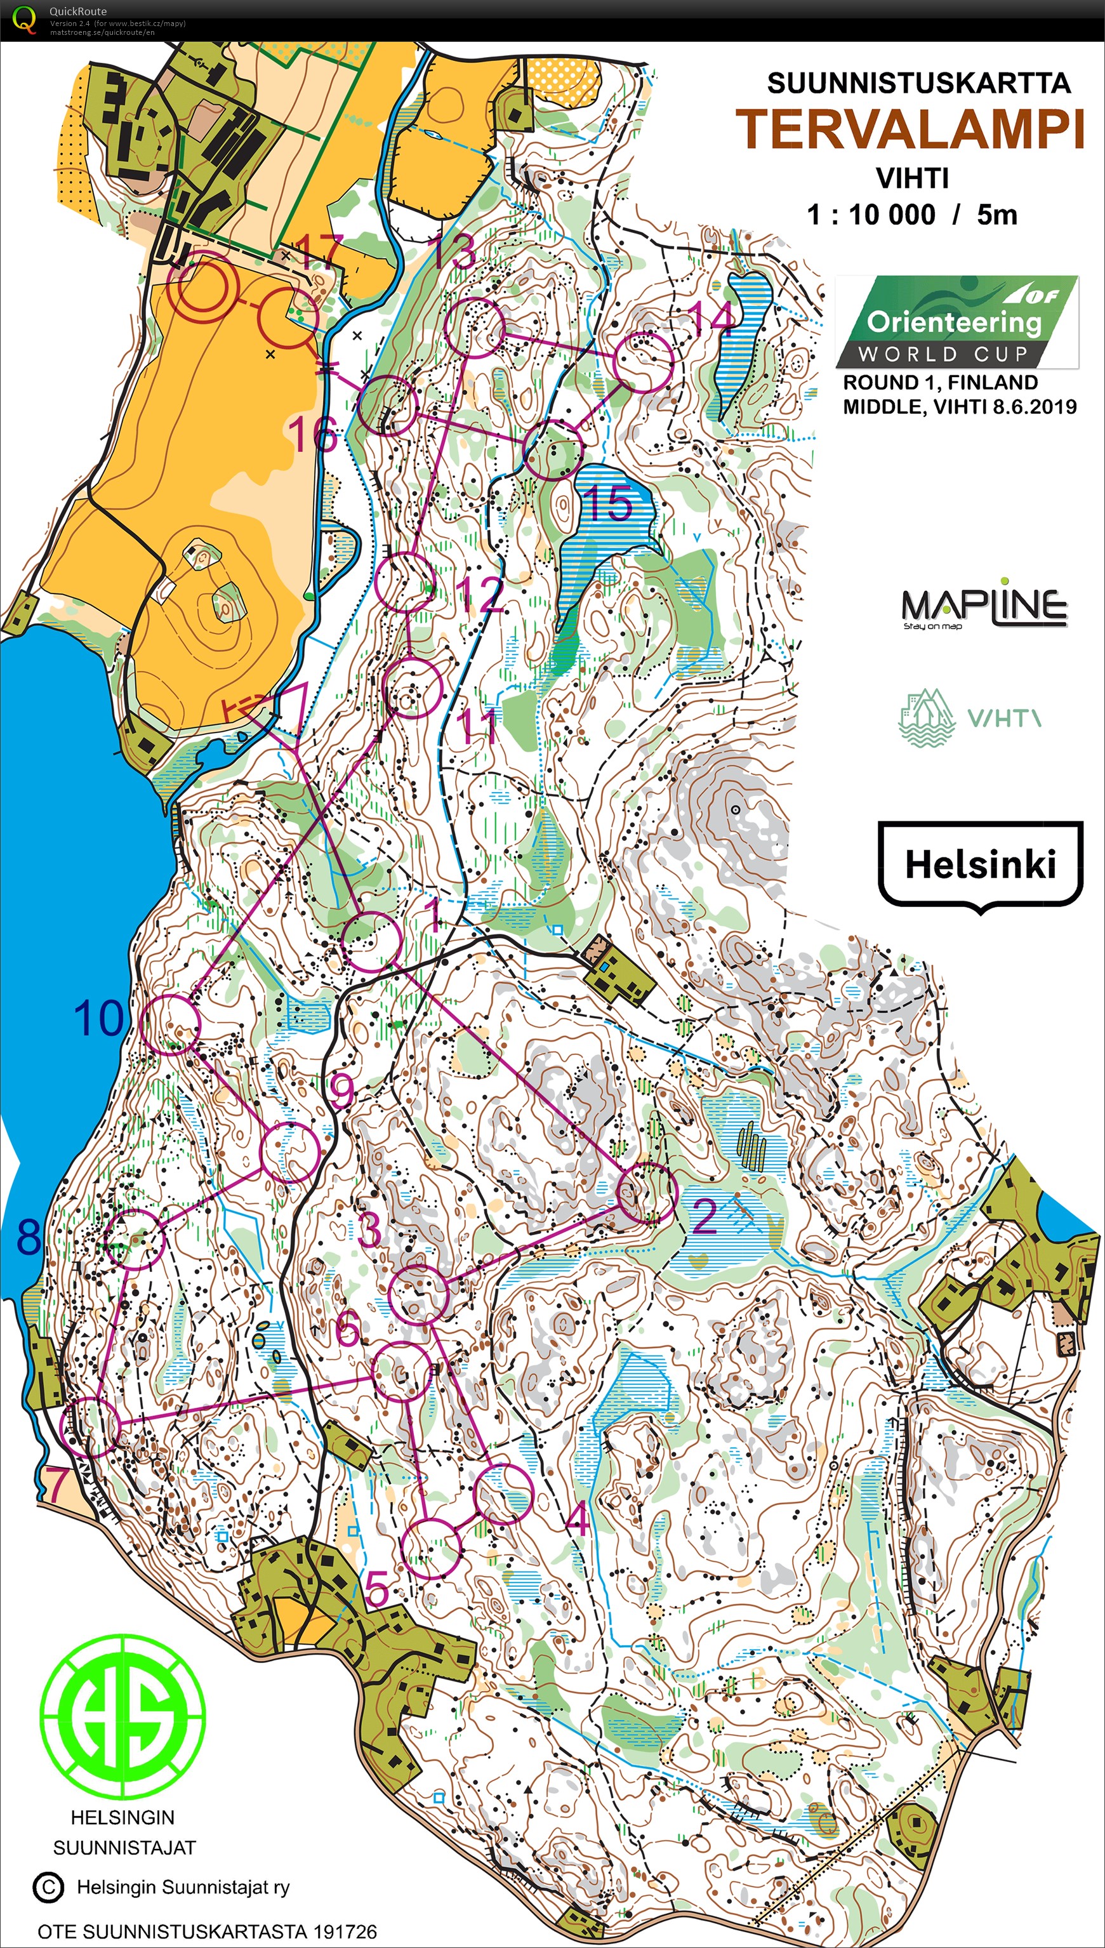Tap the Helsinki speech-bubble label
pos(980,864)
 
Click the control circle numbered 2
pos(647,1192)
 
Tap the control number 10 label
pos(98,1018)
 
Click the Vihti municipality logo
pos(969,717)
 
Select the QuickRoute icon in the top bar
pos(23,18)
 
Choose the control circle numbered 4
pos(504,1494)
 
